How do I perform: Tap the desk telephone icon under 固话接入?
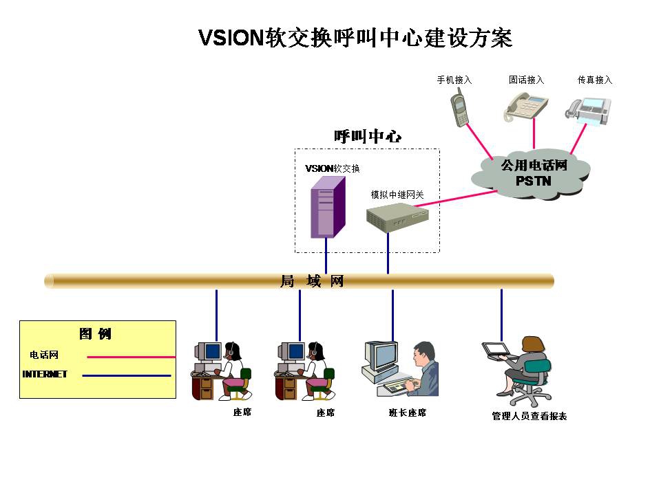[527, 107]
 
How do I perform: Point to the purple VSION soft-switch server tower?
[326, 207]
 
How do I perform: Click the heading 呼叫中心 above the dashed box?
[368, 136]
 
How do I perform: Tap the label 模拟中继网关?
[397, 195]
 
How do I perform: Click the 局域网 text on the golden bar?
[311, 281]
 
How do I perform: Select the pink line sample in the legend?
[131, 357]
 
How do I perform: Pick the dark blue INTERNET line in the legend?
[126, 375]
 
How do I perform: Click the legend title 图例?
[95, 334]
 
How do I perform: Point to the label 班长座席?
[408, 412]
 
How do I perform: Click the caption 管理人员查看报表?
[529, 416]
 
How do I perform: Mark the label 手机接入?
[454, 80]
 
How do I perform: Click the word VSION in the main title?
[227, 38]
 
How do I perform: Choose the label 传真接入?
[595, 80]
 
